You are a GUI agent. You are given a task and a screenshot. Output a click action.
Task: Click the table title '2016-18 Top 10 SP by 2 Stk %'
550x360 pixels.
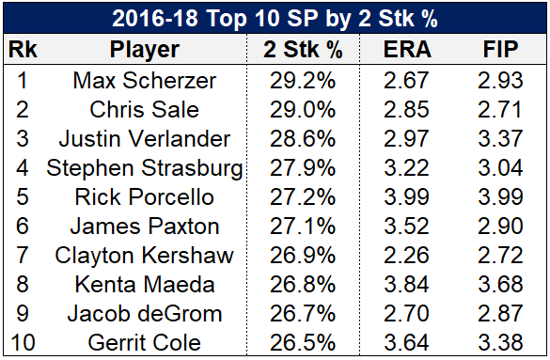(275, 18)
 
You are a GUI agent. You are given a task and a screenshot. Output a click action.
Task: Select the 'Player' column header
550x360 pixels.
(145, 50)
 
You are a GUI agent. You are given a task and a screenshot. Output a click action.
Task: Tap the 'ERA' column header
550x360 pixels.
(407, 49)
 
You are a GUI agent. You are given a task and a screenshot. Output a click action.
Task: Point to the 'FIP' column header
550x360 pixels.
(500, 49)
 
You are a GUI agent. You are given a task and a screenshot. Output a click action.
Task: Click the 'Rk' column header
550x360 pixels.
(23, 49)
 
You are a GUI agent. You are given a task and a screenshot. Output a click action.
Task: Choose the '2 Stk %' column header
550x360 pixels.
(303, 49)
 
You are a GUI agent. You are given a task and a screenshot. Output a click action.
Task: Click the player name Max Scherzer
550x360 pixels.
(145, 81)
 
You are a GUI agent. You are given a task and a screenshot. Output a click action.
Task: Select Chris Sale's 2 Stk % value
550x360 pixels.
(303, 110)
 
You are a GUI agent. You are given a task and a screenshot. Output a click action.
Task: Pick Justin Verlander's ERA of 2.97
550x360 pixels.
(406, 139)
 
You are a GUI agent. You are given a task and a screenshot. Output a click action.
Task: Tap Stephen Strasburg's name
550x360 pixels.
(145, 168)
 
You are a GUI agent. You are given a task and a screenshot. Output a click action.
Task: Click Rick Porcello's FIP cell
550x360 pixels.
(500, 197)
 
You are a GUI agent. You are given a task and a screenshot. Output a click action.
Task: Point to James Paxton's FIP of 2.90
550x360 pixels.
(500, 227)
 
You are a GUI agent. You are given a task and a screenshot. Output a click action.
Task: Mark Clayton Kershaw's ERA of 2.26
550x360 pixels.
(406, 255)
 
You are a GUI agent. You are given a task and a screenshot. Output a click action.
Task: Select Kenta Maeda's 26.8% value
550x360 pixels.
(303, 284)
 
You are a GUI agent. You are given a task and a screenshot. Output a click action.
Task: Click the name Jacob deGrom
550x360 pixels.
(145, 313)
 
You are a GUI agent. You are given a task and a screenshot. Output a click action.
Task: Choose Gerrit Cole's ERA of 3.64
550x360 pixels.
(406, 342)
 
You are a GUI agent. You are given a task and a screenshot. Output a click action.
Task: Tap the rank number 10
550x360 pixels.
(23, 342)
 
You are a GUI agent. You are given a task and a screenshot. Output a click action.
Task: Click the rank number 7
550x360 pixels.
(23, 255)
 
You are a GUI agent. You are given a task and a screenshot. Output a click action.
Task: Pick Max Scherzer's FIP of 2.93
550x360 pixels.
(500, 81)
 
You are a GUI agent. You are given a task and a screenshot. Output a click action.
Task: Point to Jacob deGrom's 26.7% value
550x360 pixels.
(303, 313)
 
